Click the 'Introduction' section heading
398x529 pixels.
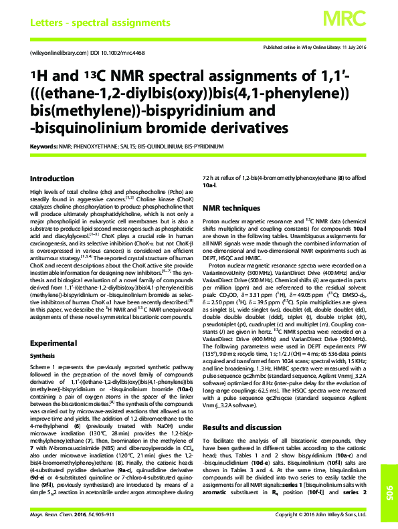click(x=52, y=179)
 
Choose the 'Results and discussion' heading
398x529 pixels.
click(x=242, y=407)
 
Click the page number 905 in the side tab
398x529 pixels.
click(x=389, y=477)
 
